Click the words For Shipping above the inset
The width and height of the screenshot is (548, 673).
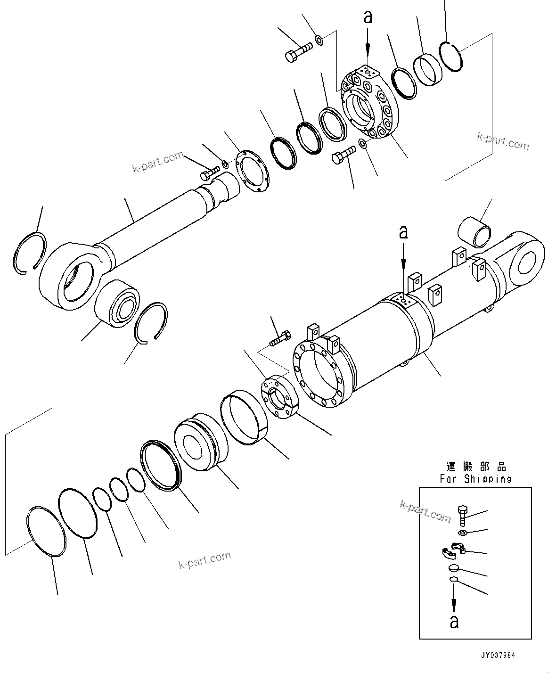point(475,479)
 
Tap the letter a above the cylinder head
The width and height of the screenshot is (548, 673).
point(368,17)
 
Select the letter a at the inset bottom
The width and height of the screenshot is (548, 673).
point(454,622)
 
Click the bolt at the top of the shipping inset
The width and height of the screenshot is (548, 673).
point(462,515)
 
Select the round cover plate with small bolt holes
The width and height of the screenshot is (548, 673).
point(250,171)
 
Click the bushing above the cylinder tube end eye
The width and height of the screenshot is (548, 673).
point(475,231)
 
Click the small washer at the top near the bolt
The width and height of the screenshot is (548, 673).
point(319,40)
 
